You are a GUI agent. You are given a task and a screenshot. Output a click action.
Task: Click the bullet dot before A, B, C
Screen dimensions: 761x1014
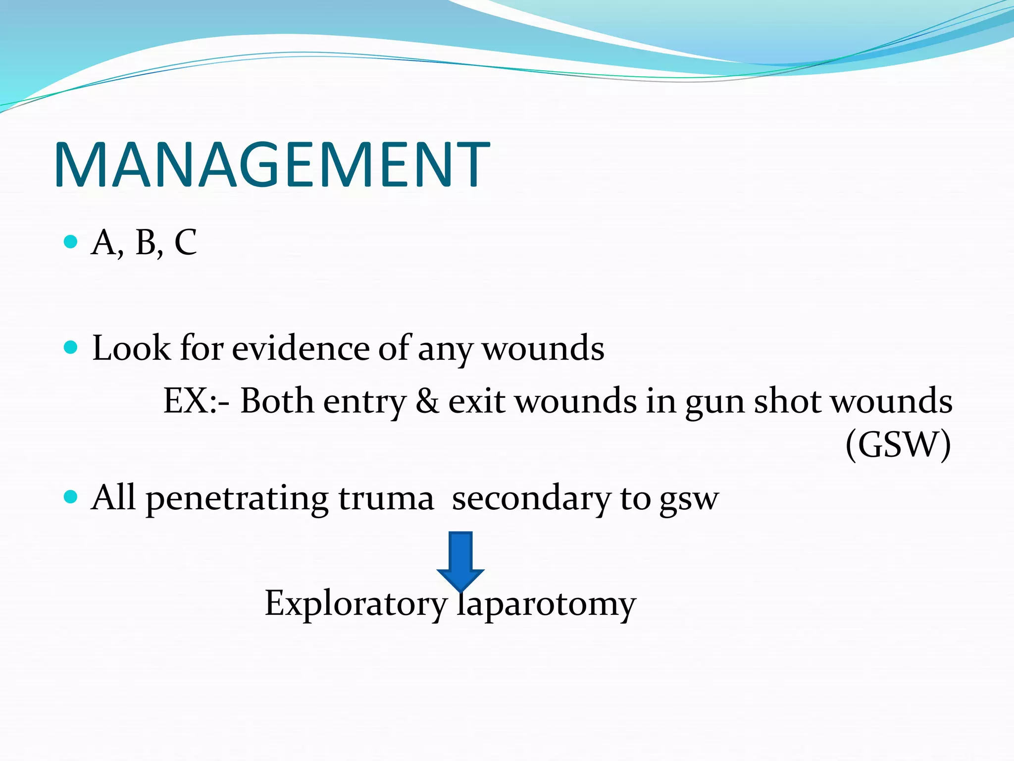pos(71,242)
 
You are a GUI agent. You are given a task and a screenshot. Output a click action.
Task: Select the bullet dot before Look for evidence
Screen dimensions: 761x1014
pos(71,347)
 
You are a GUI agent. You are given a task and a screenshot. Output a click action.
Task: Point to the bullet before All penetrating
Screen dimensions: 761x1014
pos(71,496)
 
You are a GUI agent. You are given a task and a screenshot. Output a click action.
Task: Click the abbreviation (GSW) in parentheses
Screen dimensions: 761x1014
pos(898,444)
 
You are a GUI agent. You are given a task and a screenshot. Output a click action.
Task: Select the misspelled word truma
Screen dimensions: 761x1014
pos(386,498)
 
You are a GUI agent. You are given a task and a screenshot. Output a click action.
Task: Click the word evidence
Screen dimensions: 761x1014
pos(301,348)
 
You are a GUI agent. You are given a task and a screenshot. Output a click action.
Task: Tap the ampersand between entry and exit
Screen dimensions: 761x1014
pos(427,400)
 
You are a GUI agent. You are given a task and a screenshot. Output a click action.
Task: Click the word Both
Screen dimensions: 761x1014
pos(277,400)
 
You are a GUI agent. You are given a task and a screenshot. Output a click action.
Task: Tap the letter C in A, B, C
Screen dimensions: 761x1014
pos(186,243)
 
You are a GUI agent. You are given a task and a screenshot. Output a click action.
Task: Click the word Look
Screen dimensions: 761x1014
pos(131,348)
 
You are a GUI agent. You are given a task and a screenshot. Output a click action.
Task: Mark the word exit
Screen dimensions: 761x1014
pos(476,400)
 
